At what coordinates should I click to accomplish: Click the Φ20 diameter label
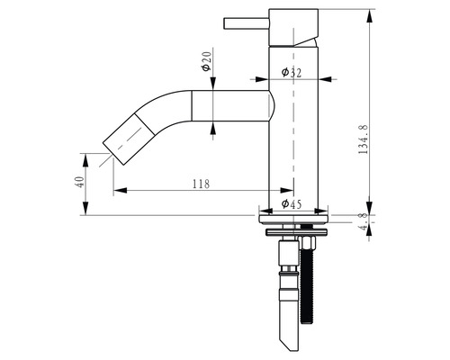[x=206, y=62]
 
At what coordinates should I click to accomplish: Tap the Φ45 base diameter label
[x=291, y=204]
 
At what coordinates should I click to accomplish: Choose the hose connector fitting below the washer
[x=288, y=270]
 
